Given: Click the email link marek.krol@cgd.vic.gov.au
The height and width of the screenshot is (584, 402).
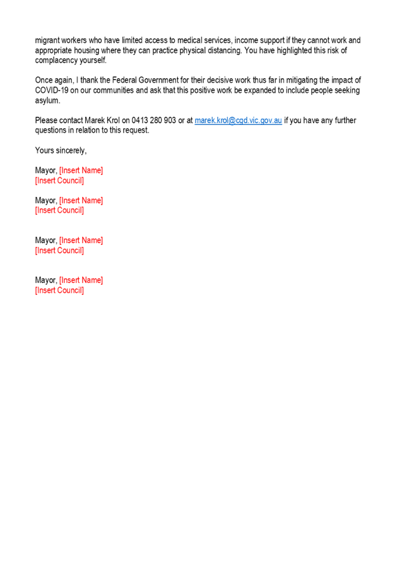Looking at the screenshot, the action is tap(238, 121).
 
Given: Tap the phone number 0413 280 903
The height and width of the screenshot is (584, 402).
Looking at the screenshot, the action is tap(154, 121).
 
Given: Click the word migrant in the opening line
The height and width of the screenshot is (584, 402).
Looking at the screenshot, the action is tap(47, 40).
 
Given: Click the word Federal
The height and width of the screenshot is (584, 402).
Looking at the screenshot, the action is tap(124, 80).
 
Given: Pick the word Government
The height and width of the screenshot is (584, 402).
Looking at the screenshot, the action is tap(158, 80).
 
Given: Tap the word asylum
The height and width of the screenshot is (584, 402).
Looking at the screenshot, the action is tap(47, 100).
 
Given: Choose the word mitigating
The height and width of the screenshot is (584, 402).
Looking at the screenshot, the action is tap(302, 80).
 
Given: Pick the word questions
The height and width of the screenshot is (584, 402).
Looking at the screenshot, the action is tap(50, 130).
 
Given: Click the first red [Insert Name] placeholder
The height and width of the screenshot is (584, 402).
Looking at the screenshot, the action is tap(81, 170).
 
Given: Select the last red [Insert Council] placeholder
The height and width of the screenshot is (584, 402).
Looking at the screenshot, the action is tap(59, 290).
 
